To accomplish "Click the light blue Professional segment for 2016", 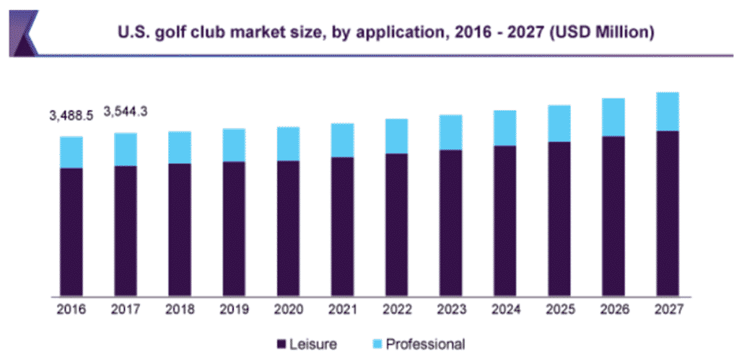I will (x=71, y=152).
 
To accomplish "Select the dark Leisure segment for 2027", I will (x=667, y=214).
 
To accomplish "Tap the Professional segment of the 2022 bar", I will (x=396, y=136).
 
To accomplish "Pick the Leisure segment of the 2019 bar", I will (x=234, y=229).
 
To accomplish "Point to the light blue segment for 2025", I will (x=559, y=123).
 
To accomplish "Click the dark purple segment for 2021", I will (x=342, y=227).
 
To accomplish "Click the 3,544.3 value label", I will (x=126, y=112).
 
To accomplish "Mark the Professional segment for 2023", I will (x=450, y=132).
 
